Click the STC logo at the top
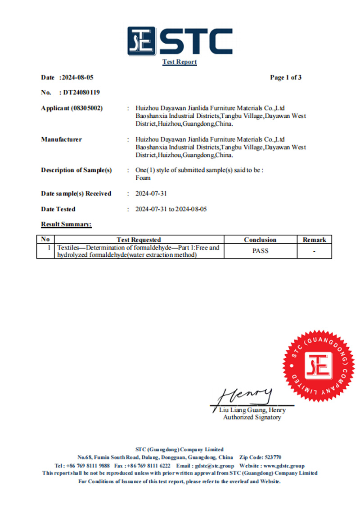pos(180,41)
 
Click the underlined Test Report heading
pos(180,62)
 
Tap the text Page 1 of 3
pos(286,77)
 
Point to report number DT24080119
pos(81,93)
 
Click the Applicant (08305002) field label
pos(72,108)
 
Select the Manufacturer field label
pos(62,139)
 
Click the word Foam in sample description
pos(143,178)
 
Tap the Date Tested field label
pos(58,209)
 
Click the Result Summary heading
pos(66,224)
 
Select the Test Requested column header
pos(139,240)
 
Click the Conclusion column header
pos(260,240)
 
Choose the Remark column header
pos(314,240)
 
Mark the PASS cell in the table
pos(260,251)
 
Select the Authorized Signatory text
pos(252,418)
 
